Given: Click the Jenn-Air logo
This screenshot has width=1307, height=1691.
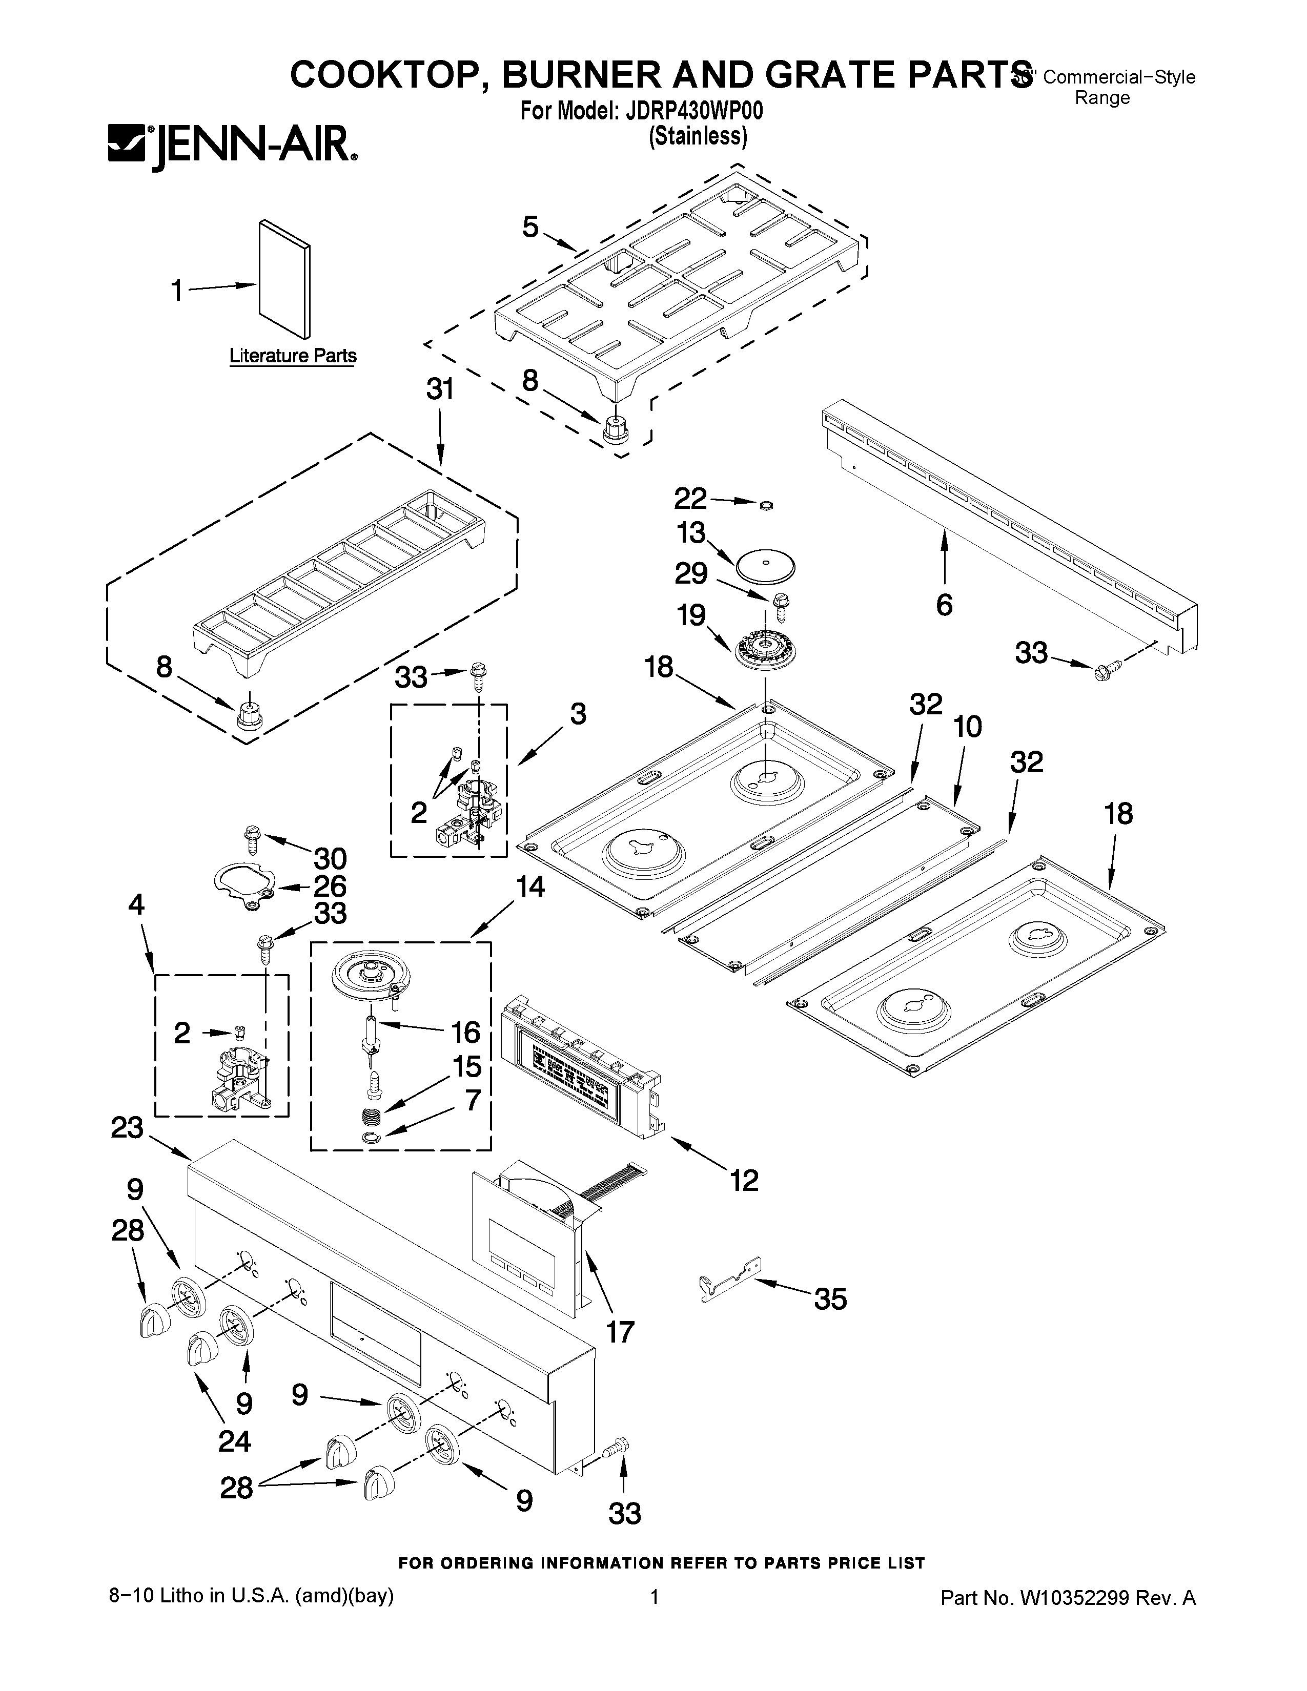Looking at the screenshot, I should (x=232, y=147).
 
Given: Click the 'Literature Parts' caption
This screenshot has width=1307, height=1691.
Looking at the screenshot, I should (x=293, y=356).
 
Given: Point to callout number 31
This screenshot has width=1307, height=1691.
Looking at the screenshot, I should (x=440, y=389).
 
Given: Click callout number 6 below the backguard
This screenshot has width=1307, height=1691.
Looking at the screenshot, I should (x=944, y=606).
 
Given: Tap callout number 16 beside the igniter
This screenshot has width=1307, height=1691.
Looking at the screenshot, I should (x=465, y=1032).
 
